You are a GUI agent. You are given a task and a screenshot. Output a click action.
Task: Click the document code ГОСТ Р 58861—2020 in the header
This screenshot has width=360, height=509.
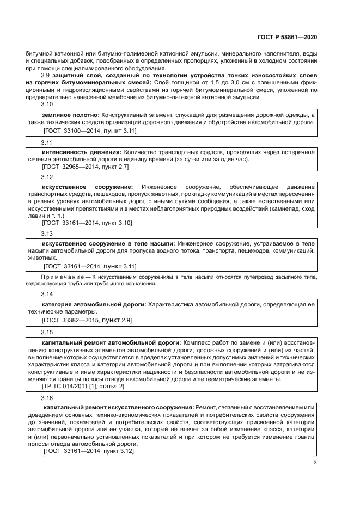[286, 38]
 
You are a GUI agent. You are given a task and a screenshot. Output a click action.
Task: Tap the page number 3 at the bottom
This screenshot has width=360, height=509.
[315, 463]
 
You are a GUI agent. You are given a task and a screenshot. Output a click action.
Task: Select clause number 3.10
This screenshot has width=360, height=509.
[47, 105]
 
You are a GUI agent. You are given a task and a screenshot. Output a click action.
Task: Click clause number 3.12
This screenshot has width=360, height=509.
[47, 177]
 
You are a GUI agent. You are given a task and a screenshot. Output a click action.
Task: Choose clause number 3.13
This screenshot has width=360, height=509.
[47, 232]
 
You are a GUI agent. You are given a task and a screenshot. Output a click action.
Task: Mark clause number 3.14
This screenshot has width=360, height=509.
[47, 293]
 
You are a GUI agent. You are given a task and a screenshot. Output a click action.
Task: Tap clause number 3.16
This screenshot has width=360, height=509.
[47, 398]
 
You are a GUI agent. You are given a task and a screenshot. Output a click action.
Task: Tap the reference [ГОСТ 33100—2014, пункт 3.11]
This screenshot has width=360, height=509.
[89, 131]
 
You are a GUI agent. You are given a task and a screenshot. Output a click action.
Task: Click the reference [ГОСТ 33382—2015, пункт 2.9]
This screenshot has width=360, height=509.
[87, 321]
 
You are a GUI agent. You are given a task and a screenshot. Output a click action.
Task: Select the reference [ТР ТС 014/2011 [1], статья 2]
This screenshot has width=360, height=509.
[83, 385]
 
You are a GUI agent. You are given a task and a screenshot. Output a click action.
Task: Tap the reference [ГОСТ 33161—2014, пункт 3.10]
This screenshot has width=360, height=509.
[87, 223]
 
